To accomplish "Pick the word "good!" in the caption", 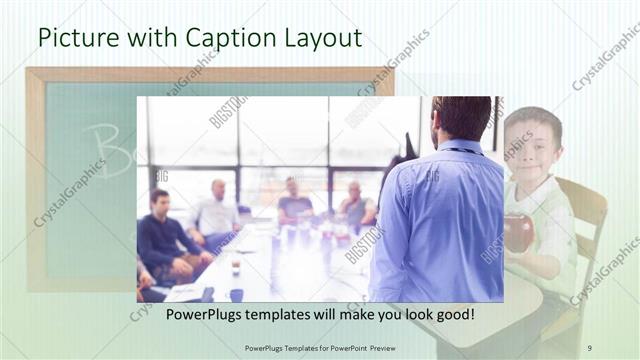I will pyautogui.click(x=451, y=315).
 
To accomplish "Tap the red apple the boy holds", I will pyautogui.click(x=519, y=232).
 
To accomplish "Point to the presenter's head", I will pyautogui.click(x=461, y=119).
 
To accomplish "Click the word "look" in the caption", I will pyautogui.click(x=407, y=315).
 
